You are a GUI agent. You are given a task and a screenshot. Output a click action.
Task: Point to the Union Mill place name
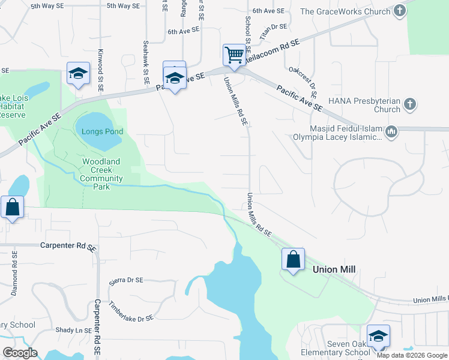click(x=334, y=270)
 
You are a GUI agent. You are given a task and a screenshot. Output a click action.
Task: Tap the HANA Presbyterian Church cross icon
click(x=410, y=104)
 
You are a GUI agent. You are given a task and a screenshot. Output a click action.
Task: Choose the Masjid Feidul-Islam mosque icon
click(x=391, y=131)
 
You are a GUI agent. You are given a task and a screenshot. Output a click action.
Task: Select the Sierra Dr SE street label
click(x=126, y=280)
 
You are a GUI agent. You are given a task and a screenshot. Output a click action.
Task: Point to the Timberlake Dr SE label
click(x=131, y=310)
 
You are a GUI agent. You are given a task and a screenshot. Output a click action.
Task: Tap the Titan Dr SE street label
click(x=274, y=32)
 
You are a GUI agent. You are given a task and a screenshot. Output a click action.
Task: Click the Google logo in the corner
click(x=20, y=353)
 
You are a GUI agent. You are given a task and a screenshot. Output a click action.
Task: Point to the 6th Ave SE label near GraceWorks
click(x=267, y=11)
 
